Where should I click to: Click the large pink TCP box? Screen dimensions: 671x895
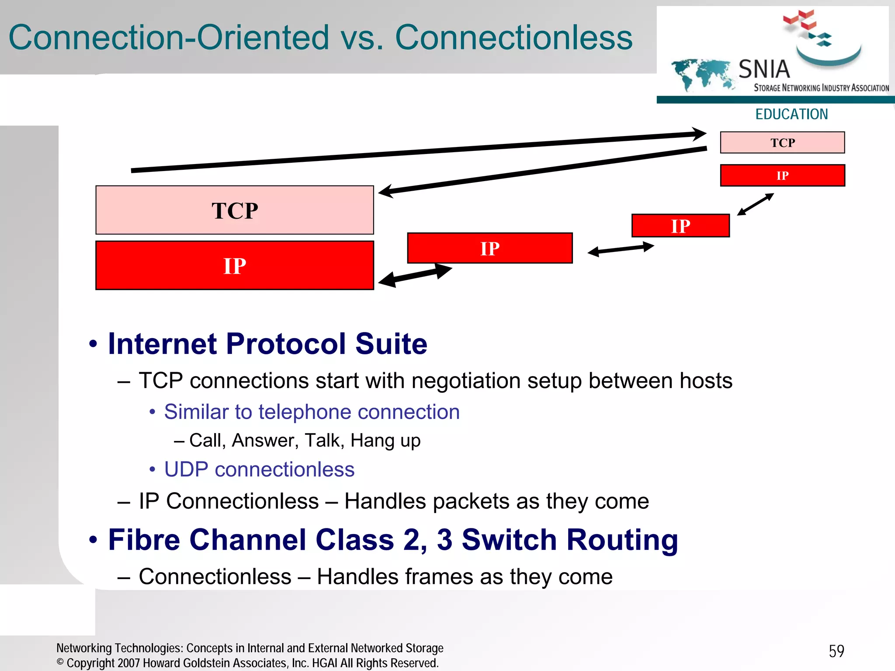235,210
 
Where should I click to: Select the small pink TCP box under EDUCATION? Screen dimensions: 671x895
782,143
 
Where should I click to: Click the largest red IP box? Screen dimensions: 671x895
235,266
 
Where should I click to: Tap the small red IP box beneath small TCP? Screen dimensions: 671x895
782,175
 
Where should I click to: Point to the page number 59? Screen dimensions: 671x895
836,651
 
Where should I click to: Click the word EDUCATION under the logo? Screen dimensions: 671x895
791,114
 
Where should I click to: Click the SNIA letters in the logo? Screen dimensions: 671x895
764,69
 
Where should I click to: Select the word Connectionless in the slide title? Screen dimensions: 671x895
514,38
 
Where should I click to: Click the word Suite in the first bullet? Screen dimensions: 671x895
391,344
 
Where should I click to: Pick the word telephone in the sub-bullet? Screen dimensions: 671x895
305,412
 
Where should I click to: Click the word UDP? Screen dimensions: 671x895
186,469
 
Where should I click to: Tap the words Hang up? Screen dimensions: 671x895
385,440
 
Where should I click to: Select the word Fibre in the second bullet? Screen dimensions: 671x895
144,540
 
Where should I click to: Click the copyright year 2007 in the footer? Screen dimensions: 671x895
128,663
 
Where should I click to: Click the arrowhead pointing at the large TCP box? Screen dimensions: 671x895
386,192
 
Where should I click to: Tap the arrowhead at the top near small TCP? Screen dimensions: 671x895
698,133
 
